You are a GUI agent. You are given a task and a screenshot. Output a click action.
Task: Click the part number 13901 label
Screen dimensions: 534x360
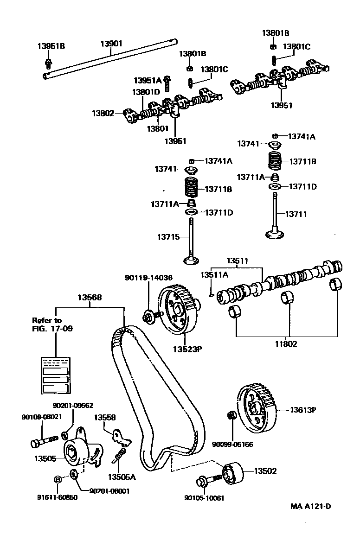(111, 44)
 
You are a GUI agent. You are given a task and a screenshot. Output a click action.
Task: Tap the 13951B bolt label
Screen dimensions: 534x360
(51, 46)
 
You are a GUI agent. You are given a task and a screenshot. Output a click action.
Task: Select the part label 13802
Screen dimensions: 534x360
(103, 113)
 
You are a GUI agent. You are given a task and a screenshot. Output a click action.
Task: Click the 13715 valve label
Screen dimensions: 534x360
(168, 237)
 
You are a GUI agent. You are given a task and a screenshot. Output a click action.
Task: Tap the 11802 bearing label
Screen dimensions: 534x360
(286, 344)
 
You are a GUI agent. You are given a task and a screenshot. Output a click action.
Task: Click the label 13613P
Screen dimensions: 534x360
(303, 410)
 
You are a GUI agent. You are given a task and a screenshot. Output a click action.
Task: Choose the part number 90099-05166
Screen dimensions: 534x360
(233, 444)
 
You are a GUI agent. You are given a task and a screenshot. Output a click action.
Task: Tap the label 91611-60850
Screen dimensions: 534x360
(58, 497)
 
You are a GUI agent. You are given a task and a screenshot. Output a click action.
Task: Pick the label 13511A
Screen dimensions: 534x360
(214, 275)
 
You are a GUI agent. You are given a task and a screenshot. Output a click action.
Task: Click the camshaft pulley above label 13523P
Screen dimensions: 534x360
(179, 309)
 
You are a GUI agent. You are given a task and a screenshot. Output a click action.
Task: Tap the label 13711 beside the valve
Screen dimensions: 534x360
(296, 214)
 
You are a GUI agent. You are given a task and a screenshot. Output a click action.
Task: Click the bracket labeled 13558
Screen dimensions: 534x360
(121, 436)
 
